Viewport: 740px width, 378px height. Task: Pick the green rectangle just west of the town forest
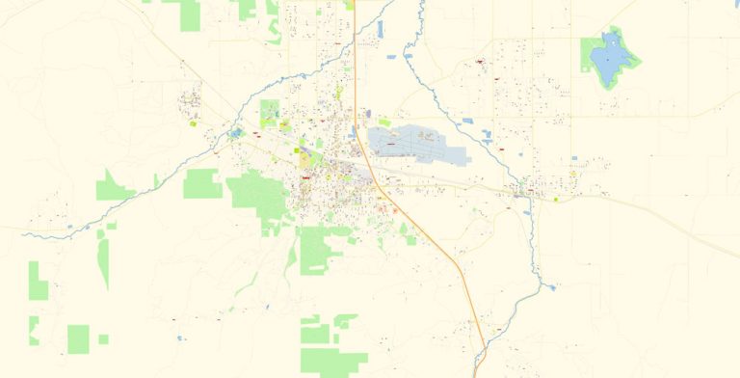tap(202, 183)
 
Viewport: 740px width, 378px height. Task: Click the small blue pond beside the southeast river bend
tap(550, 286)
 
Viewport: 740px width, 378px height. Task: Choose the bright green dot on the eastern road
tap(556, 200)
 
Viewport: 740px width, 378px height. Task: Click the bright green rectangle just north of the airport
tap(384, 122)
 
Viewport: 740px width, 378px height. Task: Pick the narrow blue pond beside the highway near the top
tap(381, 29)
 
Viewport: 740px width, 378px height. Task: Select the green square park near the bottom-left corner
tap(78, 338)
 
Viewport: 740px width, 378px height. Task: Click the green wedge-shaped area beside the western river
tap(114, 184)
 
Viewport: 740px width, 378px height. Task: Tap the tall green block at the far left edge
tap(38, 280)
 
